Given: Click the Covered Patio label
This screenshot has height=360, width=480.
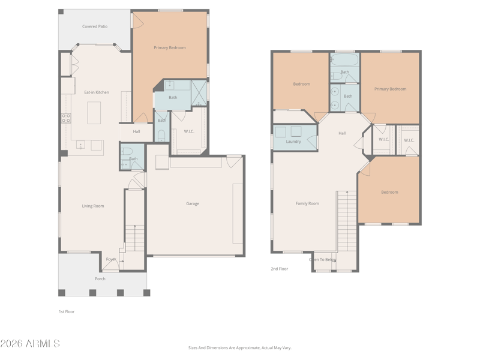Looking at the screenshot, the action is [x=95, y=26].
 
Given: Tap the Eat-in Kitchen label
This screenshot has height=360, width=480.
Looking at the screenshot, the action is [x=97, y=92].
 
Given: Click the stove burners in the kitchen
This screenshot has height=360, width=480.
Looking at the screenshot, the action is [x=66, y=118].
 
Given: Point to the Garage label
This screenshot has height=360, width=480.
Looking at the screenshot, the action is [x=193, y=203].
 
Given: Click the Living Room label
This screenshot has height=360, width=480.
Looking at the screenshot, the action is [x=93, y=206].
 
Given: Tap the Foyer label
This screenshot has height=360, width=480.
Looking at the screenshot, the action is [x=111, y=259].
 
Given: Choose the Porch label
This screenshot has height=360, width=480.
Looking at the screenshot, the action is [x=100, y=279].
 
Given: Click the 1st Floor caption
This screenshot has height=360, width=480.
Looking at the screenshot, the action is [x=67, y=311].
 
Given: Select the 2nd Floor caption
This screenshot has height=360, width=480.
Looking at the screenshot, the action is [x=280, y=269].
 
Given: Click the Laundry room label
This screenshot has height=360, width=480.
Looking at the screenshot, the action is [x=293, y=142].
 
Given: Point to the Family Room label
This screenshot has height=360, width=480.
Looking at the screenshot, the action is [x=307, y=203].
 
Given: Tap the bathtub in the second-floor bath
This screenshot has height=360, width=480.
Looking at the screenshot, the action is [x=344, y=59].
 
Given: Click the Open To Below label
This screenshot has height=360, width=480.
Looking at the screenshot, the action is [x=323, y=260].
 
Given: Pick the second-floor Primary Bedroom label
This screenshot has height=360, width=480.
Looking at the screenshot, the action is [x=391, y=89].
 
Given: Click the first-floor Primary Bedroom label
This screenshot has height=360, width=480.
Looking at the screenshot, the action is [x=170, y=48].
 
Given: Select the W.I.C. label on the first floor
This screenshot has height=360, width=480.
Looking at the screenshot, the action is [x=189, y=131].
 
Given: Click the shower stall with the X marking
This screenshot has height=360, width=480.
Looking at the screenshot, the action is [x=199, y=93].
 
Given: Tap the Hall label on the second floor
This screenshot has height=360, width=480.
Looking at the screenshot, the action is [x=342, y=133].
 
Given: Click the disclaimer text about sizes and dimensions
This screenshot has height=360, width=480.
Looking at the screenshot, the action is [x=239, y=348].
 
